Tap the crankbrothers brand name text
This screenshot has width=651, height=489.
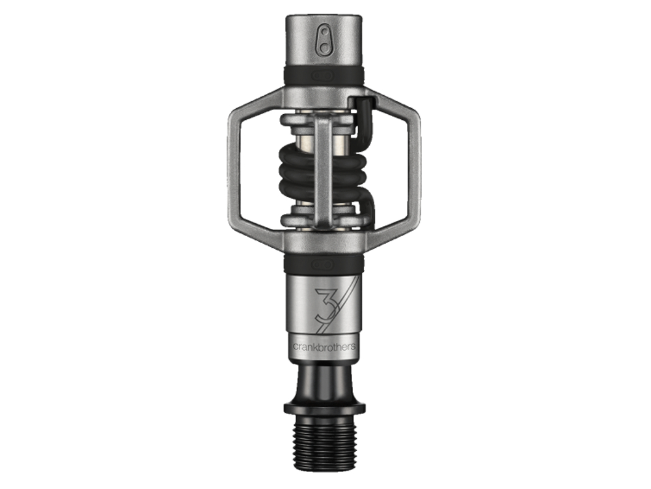[324, 346]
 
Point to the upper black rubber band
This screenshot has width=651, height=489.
[324, 76]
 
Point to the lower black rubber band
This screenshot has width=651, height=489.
[324, 263]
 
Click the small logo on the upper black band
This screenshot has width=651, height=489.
[324, 76]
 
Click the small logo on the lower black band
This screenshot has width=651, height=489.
[324, 264]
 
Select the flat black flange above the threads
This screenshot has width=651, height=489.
[324, 409]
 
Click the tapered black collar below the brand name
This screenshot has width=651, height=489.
[324, 381]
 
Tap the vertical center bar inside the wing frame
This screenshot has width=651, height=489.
[324, 170]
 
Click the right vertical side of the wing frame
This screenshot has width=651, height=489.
[415, 170]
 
